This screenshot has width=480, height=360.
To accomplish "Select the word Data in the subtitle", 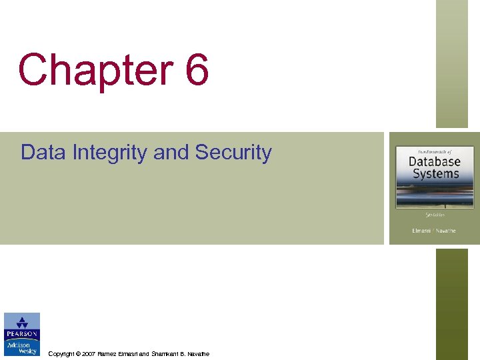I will pyautogui.click(x=44, y=153).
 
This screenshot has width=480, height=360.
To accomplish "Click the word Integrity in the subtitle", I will pyautogui.click(x=110, y=153).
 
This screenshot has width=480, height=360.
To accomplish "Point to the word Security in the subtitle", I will pyautogui.click(x=233, y=153).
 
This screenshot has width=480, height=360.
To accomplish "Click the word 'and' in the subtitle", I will pyautogui.click(x=171, y=153).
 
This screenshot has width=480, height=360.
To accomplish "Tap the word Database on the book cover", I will pyautogui.click(x=434, y=162).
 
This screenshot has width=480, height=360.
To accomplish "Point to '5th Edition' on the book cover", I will pyautogui.click(x=435, y=215).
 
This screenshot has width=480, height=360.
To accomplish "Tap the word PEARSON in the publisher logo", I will pyautogui.click(x=22, y=334).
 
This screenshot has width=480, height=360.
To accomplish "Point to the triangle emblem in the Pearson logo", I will pyautogui.click(x=22, y=321).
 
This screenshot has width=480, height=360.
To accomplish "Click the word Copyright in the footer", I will pyautogui.click(x=61, y=354).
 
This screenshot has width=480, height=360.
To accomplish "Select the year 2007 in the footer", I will pyautogui.click(x=89, y=354).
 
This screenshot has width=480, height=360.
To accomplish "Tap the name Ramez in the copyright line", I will pyautogui.click(x=107, y=354).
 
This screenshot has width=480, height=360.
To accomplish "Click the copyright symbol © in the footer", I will pyautogui.click(x=78, y=354).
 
